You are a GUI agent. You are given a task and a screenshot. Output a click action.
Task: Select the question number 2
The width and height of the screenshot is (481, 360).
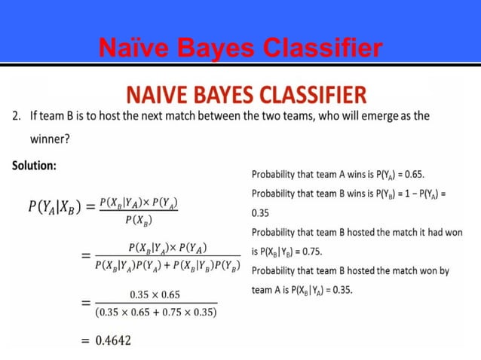click(x=15, y=117)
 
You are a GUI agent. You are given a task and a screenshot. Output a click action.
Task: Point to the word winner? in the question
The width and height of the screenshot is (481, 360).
click(x=51, y=139)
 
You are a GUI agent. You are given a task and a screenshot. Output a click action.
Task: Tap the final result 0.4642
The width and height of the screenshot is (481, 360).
click(x=112, y=340)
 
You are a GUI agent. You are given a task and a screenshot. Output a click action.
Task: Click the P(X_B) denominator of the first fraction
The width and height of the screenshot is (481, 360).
click(x=139, y=220)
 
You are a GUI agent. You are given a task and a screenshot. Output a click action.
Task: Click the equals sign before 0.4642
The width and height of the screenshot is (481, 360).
click(x=85, y=340)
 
